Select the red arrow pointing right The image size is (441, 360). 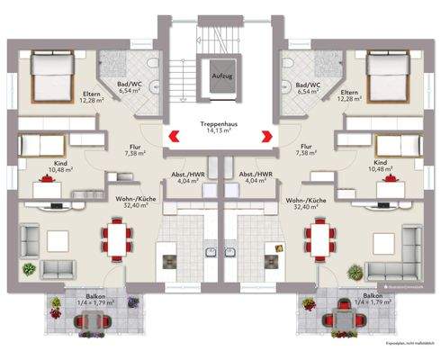click(267, 137)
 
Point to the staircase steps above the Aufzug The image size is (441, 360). click(220, 36)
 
